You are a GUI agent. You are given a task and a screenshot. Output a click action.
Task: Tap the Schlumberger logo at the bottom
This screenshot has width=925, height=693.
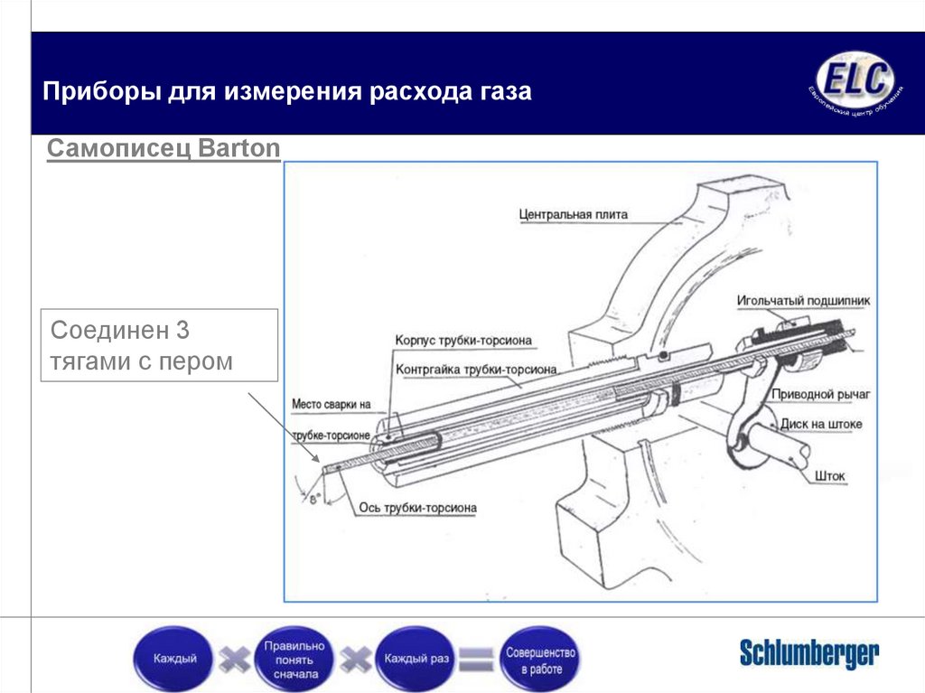coord(808,653)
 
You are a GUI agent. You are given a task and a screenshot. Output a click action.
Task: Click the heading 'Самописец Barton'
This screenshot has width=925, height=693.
coord(164,148)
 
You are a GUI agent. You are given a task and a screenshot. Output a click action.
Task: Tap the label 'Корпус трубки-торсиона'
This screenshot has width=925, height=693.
coord(462,341)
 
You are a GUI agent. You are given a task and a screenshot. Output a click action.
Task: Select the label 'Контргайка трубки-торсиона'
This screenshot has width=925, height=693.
coord(475,370)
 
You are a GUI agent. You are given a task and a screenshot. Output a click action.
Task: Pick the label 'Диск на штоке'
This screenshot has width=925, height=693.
coord(821,424)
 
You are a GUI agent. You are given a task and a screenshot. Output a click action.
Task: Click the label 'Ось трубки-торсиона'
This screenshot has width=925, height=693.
coord(416,508)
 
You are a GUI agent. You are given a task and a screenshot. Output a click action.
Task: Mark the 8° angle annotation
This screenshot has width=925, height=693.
coord(315,497)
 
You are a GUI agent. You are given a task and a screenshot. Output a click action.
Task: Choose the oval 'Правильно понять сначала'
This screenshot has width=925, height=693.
coord(293,659)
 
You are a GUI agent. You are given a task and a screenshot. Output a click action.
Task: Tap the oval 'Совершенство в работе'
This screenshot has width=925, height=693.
coord(540,659)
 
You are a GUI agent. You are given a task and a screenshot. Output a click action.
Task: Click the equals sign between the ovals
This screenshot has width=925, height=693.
coord(476,659)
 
